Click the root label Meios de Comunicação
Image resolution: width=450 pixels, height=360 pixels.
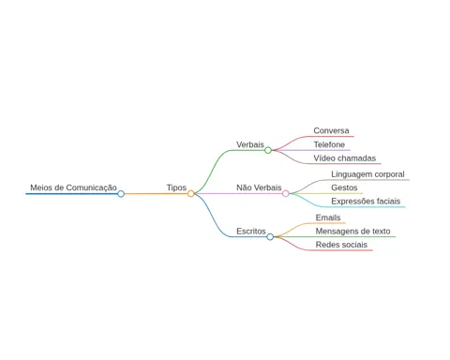(x=73, y=187)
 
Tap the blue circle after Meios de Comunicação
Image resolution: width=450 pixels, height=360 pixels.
(x=121, y=194)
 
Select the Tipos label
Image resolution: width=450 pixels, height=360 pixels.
(x=176, y=187)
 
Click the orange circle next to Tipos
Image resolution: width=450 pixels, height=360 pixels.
(x=191, y=194)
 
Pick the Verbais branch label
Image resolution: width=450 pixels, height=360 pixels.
(x=250, y=144)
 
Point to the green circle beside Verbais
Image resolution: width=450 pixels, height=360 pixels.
(x=268, y=150)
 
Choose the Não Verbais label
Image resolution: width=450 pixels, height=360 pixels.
(x=259, y=187)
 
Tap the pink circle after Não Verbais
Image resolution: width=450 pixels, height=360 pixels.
(x=286, y=194)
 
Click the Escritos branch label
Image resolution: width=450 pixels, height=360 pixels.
(x=251, y=232)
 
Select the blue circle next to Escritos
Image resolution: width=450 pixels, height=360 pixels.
(x=270, y=237)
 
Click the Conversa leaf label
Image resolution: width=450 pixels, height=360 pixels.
(x=331, y=130)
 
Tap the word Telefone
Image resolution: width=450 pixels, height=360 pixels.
(x=329, y=144)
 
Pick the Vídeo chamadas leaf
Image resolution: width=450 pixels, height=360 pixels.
(x=345, y=158)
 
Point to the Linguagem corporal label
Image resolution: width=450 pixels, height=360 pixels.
(x=367, y=174)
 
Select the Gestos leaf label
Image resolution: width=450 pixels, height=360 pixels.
(x=344, y=187)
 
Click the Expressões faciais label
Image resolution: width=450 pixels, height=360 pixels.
(x=366, y=202)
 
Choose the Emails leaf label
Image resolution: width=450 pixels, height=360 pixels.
(x=328, y=217)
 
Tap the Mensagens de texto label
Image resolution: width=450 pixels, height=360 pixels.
(x=352, y=232)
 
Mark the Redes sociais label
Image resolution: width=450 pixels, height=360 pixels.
(x=341, y=245)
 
